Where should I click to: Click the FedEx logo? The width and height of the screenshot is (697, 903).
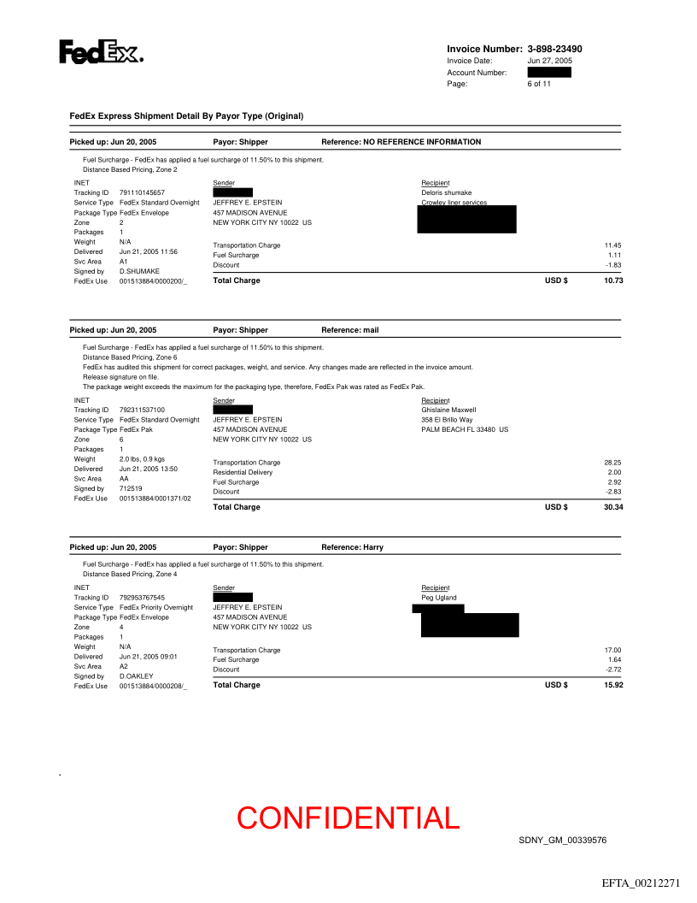click(x=100, y=52)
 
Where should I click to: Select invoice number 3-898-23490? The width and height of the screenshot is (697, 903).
click(x=554, y=50)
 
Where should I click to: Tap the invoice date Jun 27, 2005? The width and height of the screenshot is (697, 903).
click(x=549, y=61)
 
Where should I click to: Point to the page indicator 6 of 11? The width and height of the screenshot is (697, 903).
click(x=539, y=84)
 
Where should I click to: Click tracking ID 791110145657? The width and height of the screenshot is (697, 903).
click(x=142, y=193)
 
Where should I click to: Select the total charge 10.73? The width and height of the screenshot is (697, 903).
click(x=613, y=280)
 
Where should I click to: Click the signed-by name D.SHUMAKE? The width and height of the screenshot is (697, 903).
click(x=139, y=271)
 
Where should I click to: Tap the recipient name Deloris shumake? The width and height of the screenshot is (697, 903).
click(x=446, y=193)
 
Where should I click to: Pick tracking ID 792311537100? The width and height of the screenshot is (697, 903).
click(x=142, y=410)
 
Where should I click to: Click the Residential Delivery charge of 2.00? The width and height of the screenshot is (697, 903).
click(x=614, y=472)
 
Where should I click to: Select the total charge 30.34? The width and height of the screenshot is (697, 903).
click(x=613, y=507)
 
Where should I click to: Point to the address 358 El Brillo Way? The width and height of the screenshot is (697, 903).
click(x=447, y=420)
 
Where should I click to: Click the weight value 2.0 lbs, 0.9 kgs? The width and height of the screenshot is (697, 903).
click(x=142, y=459)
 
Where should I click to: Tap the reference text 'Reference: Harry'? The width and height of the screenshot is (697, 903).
click(x=352, y=547)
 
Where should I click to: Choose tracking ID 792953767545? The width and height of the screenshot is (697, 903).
click(x=142, y=598)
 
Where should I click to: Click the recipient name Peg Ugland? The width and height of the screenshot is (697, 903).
click(x=439, y=598)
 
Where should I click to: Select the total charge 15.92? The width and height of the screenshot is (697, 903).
click(x=613, y=685)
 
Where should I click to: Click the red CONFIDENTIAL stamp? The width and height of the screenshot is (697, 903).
click(x=348, y=818)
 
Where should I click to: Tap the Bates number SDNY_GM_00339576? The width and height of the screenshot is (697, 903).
click(x=562, y=841)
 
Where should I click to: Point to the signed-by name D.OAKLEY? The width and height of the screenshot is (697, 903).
click(x=137, y=676)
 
